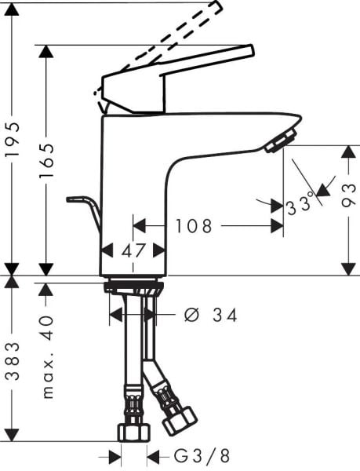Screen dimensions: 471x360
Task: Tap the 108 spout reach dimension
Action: tap(193, 227)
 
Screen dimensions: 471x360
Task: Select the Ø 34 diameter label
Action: tap(210, 316)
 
